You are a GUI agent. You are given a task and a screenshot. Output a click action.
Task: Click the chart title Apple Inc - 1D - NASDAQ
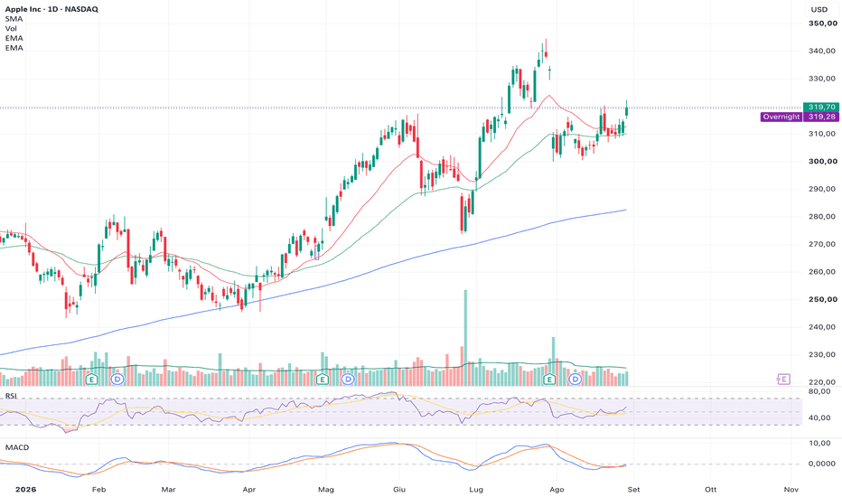click(51, 9)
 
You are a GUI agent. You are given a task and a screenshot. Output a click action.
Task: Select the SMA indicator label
click(14, 19)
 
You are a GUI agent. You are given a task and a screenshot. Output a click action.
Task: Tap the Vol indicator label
click(11, 29)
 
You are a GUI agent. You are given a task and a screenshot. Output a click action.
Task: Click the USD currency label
click(819, 9)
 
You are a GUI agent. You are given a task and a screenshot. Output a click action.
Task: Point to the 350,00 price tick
click(823, 23)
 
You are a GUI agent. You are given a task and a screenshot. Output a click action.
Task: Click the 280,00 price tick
click(823, 217)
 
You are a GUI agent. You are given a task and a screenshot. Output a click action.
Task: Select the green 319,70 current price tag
click(821, 107)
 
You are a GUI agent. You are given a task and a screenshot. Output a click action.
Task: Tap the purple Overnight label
click(781, 117)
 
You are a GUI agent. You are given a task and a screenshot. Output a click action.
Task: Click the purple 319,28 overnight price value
click(821, 117)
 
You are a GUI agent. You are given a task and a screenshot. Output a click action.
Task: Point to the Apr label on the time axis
click(248, 490)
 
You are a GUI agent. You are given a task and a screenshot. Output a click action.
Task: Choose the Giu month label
click(399, 490)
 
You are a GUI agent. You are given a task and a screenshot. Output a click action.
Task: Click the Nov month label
click(791, 490)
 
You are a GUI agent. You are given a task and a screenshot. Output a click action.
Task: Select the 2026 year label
click(26, 490)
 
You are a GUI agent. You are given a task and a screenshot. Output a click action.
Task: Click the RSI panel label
click(11, 396)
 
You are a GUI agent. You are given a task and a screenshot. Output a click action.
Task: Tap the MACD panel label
click(17, 447)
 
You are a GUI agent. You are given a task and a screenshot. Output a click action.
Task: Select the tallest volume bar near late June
click(465, 338)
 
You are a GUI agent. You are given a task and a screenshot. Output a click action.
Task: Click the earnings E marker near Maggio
click(323, 380)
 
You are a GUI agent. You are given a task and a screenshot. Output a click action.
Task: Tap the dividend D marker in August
click(575, 380)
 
